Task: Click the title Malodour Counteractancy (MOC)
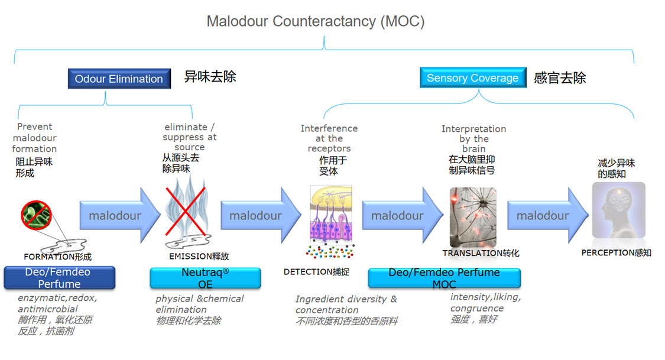(315, 21)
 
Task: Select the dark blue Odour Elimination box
(119, 79)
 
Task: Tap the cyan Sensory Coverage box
(472, 77)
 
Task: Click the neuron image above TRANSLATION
(473, 217)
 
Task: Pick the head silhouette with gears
(618, 210)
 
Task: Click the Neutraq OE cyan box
(205, 278)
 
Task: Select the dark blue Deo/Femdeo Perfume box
(59, 278)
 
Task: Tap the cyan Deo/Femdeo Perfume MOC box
(444, 278)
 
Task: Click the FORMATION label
(57, 257)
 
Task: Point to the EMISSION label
(199, 257)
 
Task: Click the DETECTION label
(316, 272)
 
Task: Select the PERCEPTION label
(616, 252)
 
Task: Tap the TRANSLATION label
(481, 253)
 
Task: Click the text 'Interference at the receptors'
(329, 138)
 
